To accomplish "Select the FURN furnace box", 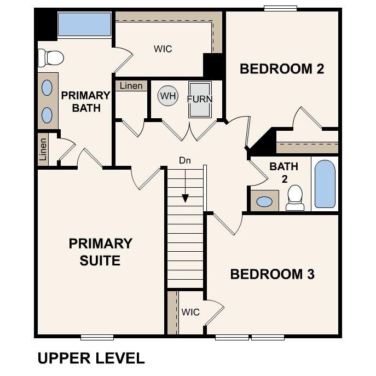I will point(200,99).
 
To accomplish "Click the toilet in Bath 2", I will point(295,198).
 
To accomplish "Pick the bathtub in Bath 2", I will point(325,184).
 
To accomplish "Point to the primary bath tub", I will point(84,24).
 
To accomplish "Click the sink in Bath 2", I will point(264,202).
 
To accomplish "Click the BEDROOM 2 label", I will point(282,69).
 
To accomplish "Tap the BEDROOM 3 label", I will point(272,274).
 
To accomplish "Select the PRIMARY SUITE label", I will point(100,252).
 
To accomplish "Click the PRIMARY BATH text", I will point(85,101).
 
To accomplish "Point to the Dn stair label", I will point(184,161).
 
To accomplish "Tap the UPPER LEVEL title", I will point(91,358).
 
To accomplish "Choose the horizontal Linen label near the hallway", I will point(131,86).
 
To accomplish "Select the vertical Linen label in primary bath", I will point(43,149).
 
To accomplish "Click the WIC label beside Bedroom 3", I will point(190,312).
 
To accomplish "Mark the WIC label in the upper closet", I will point(163,49).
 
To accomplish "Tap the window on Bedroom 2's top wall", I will point(280,8).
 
